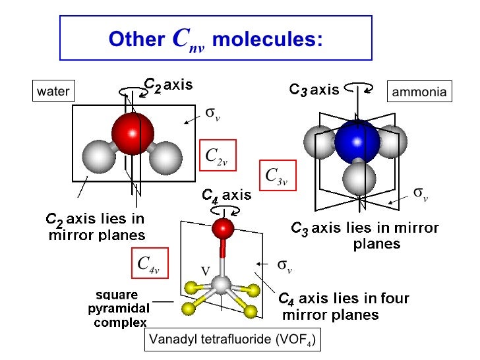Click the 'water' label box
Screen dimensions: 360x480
click(53, 92)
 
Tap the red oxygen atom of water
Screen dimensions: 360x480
click(132, 134)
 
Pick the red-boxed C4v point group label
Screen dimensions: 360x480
click(149, 264)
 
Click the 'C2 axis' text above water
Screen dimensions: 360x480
click(168, 84)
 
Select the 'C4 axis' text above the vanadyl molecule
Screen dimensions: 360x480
click(226, 195)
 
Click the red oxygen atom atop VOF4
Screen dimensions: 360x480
click(224, 228)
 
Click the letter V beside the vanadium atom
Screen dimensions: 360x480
click(204, 271)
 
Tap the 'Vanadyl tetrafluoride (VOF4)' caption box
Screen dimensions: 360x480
click(232, 340)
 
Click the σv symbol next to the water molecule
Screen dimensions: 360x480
click(212, 113)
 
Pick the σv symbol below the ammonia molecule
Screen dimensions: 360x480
click(421, 193)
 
